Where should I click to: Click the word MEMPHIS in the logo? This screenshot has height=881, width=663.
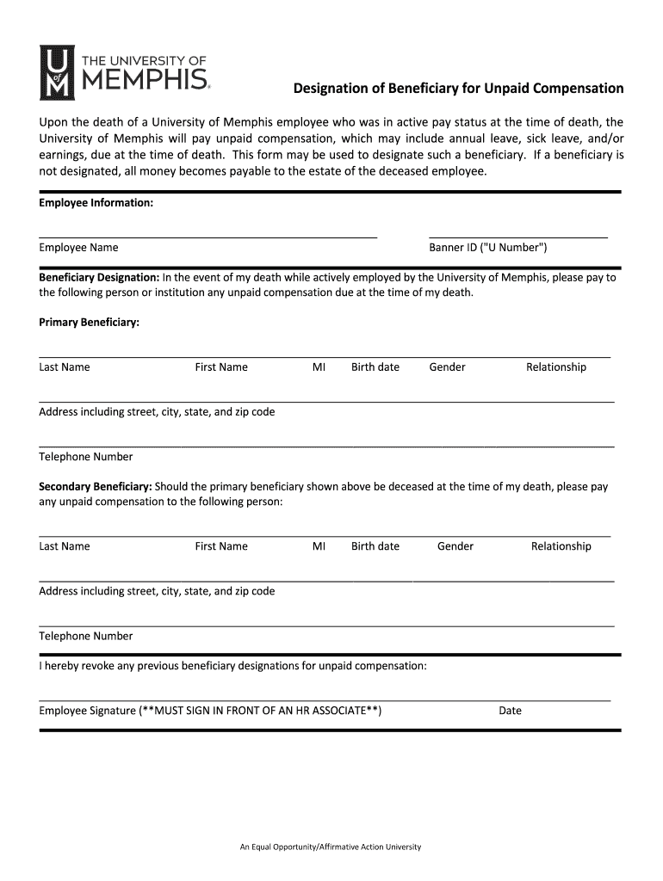[x=144, y=82]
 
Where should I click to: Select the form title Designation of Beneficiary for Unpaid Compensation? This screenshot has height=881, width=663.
[x=459, y=89]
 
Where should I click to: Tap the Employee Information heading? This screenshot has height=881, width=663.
[x=96, y=203]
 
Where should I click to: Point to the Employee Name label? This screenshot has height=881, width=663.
[x=78, y=248]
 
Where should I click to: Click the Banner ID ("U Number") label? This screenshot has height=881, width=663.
[x=487, y=248]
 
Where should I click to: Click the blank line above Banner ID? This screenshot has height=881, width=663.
[x=517, y=236]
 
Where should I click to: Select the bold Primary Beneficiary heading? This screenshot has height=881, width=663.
[x=90, y=323]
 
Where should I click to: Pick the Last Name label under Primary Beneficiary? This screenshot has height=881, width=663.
[x=65, y=367]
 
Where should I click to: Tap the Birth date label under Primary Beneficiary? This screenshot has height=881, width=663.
[x=375, y=367]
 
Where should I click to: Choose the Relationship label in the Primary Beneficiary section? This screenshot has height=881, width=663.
[x=556, y=367]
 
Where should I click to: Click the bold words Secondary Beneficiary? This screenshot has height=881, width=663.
[x=96, y=486]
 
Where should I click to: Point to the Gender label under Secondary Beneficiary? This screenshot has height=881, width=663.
[x=455, y=546]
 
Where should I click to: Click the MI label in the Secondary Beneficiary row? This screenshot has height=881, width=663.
[x=319, y=546]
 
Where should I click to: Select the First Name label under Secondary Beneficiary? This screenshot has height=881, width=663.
[x=221, y=546]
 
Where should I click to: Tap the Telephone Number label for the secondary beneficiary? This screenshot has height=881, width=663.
[x=86, y=637]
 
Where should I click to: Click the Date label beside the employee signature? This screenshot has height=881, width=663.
[x=510, y=711]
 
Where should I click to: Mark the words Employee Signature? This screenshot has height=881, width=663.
[x=87, y=711]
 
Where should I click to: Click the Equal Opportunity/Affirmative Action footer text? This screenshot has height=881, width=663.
[x=331, y=847]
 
